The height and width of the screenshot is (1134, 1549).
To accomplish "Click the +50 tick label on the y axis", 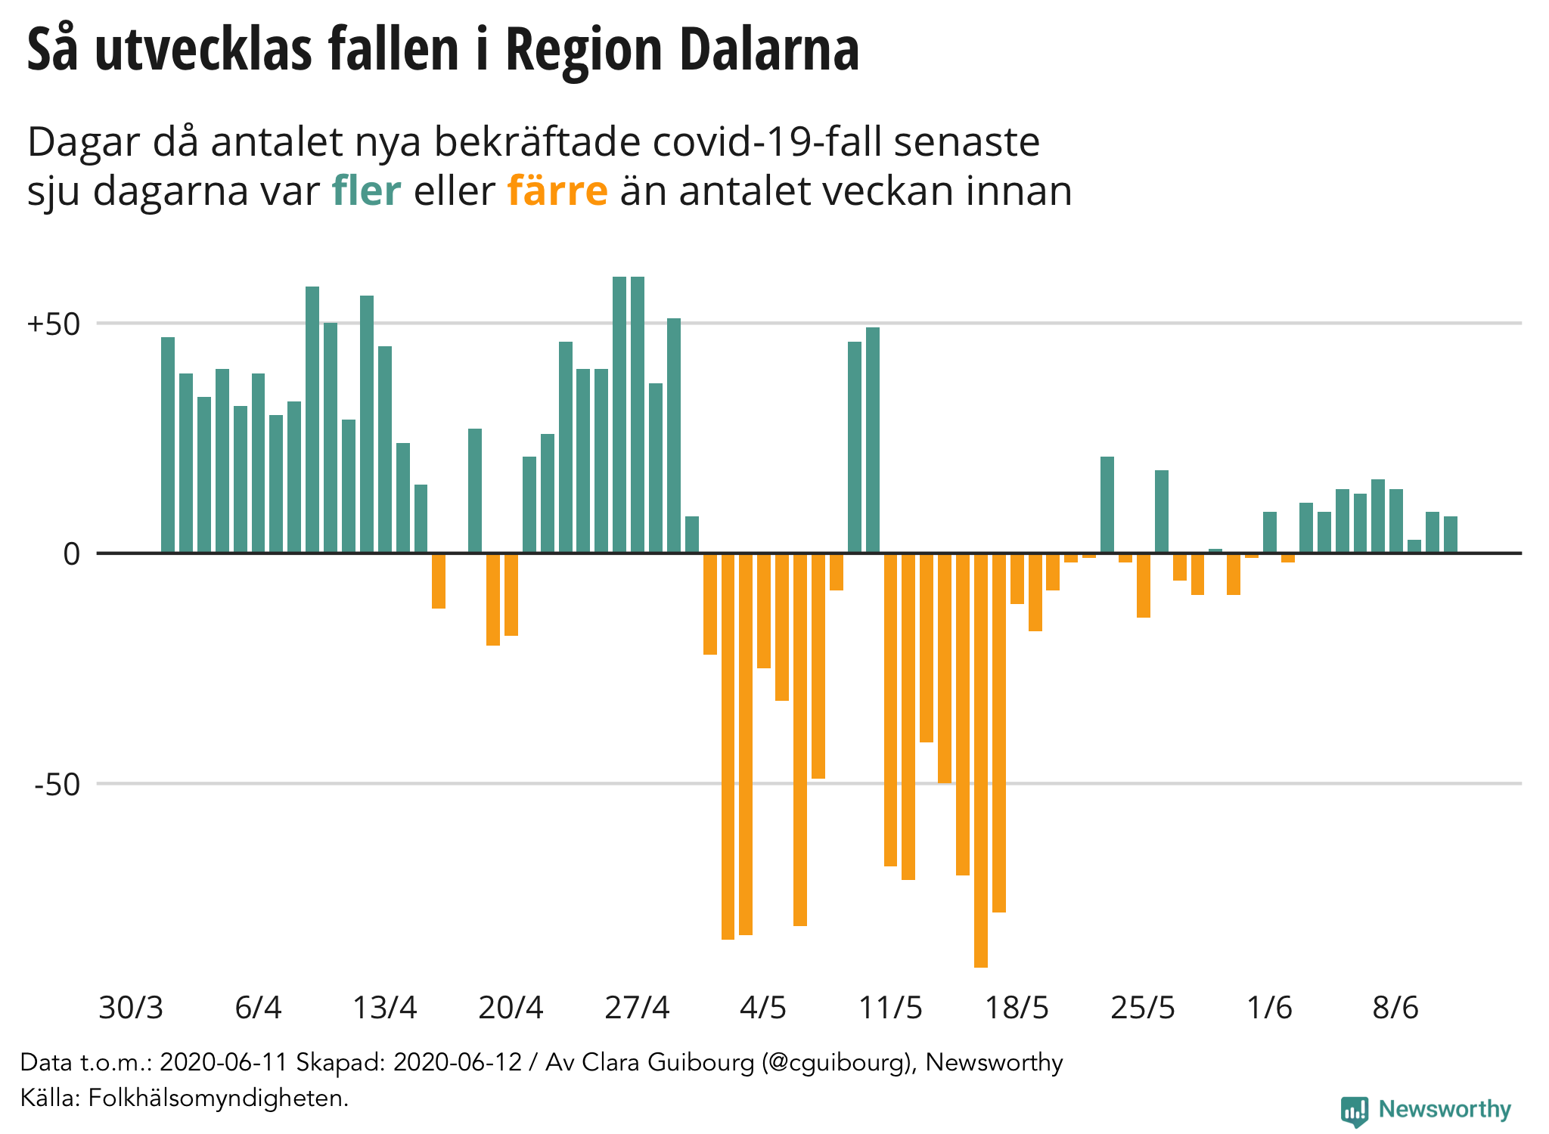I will click(x=53, y=324).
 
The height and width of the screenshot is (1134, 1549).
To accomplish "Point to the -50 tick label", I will click(x=57, y=785).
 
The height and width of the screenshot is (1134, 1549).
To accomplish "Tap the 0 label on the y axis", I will click(x=71, y=554).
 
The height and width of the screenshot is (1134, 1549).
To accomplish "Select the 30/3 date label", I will click(x=131, y=1008).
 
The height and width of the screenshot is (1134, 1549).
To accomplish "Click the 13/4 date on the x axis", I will click(x=385, y=1008).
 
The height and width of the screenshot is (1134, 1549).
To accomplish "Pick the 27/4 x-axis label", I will click(x=637, y=1008).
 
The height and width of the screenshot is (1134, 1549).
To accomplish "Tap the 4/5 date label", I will click(x=763, y=1008).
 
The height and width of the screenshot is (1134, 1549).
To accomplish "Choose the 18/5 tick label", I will click(x=1017, y=1008).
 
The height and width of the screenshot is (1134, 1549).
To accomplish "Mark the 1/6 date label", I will click(x=1269, y=1008).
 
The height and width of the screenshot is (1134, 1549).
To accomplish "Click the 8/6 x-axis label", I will click(x=1395, y=1008).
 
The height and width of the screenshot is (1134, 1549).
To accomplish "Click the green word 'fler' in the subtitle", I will click(x=366, y=191).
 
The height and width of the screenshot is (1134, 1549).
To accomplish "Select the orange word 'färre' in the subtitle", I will click(x=557, y=191).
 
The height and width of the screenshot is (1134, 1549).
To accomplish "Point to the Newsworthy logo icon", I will click(x=1354, y=1111).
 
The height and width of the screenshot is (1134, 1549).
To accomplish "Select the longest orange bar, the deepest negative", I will click(x=981, y=760).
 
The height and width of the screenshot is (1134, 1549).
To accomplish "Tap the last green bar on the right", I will click(x=1450, y=534).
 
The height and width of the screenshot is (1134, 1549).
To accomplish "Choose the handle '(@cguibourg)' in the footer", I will click(x=840, y=1062).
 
